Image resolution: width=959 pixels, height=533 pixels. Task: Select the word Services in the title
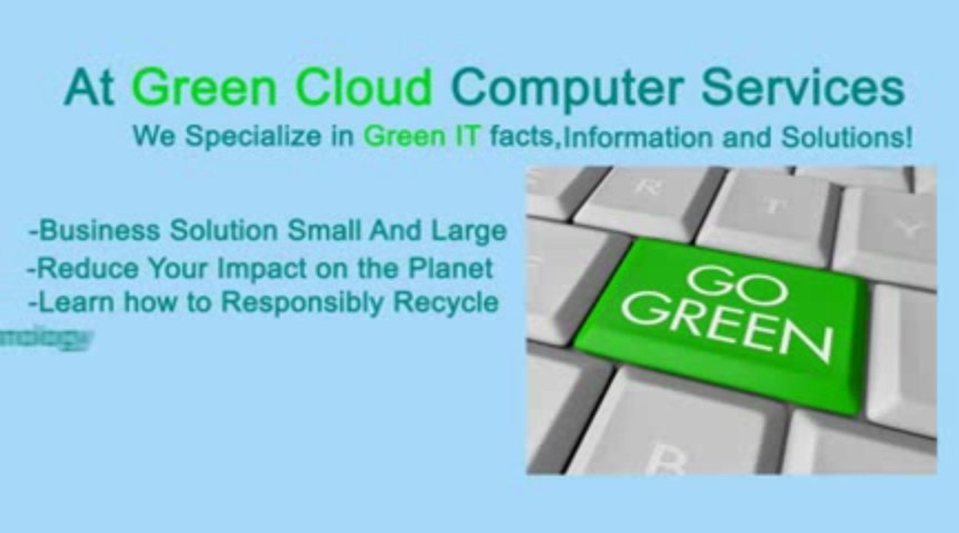[803, 87]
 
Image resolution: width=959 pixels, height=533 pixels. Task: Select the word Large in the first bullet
[468, 231]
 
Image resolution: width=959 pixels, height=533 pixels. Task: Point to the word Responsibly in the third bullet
[302, 303]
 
